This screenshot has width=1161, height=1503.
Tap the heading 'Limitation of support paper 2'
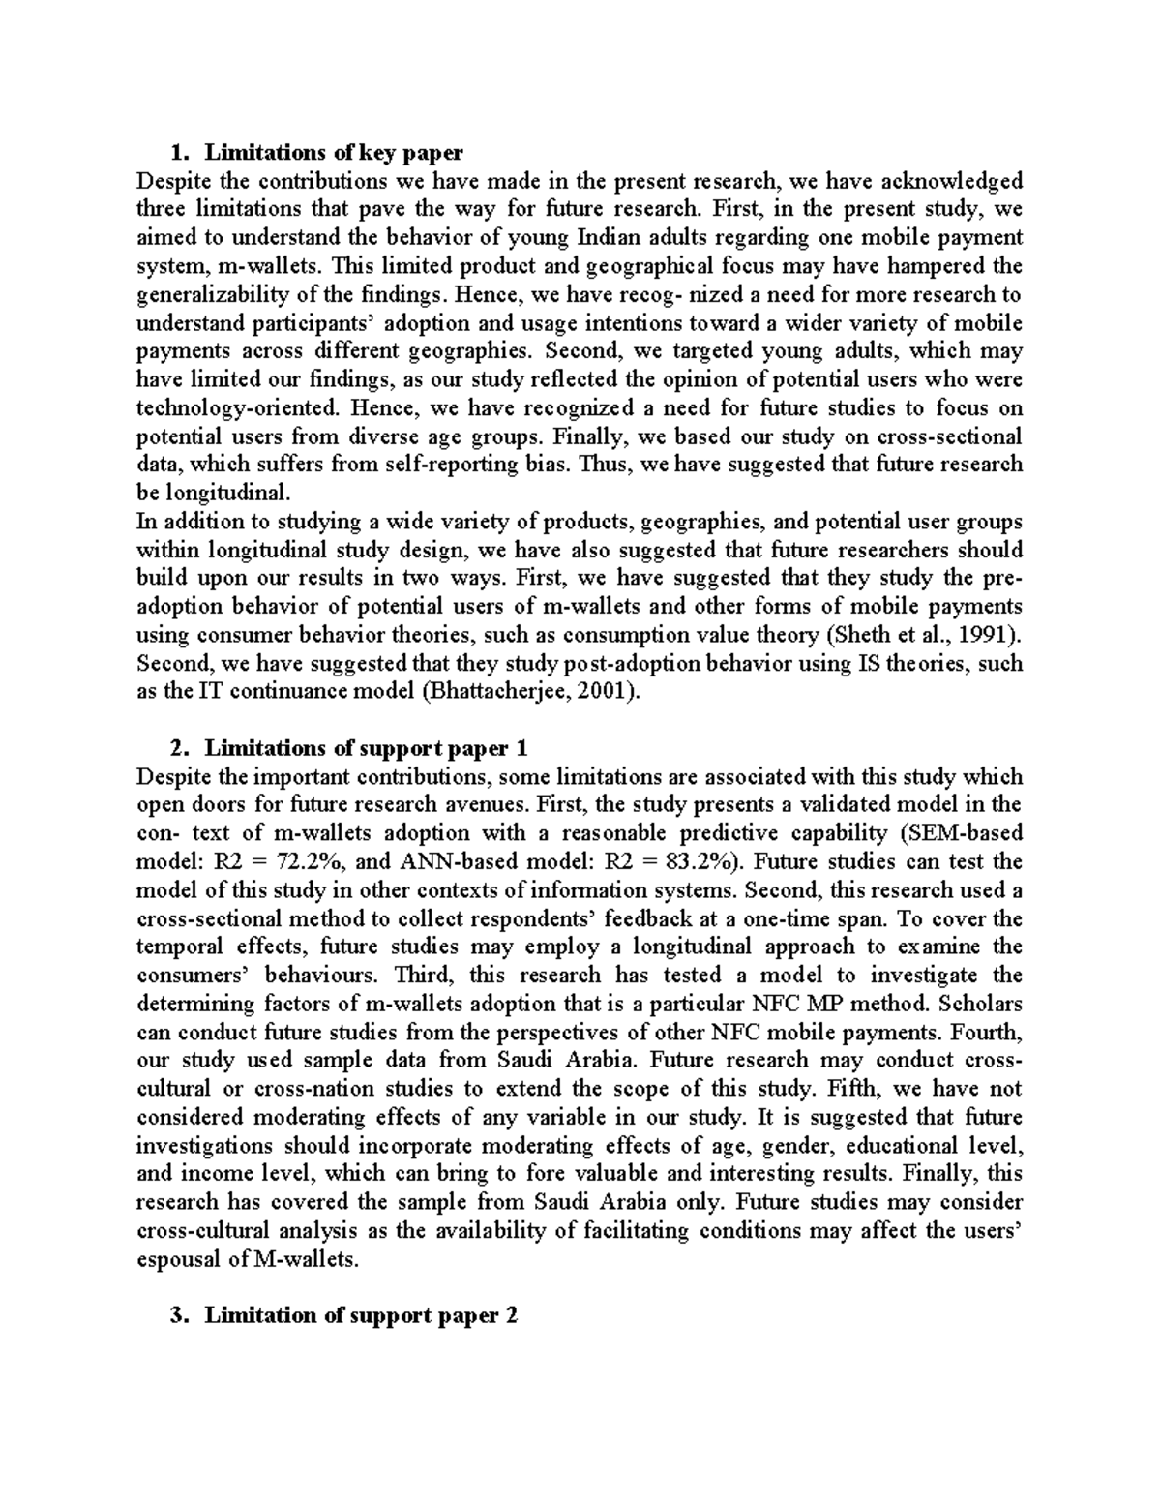click(362, 1315)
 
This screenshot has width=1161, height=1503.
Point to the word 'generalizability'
click(208, 294)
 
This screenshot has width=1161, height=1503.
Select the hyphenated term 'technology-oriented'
click(240, 407)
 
